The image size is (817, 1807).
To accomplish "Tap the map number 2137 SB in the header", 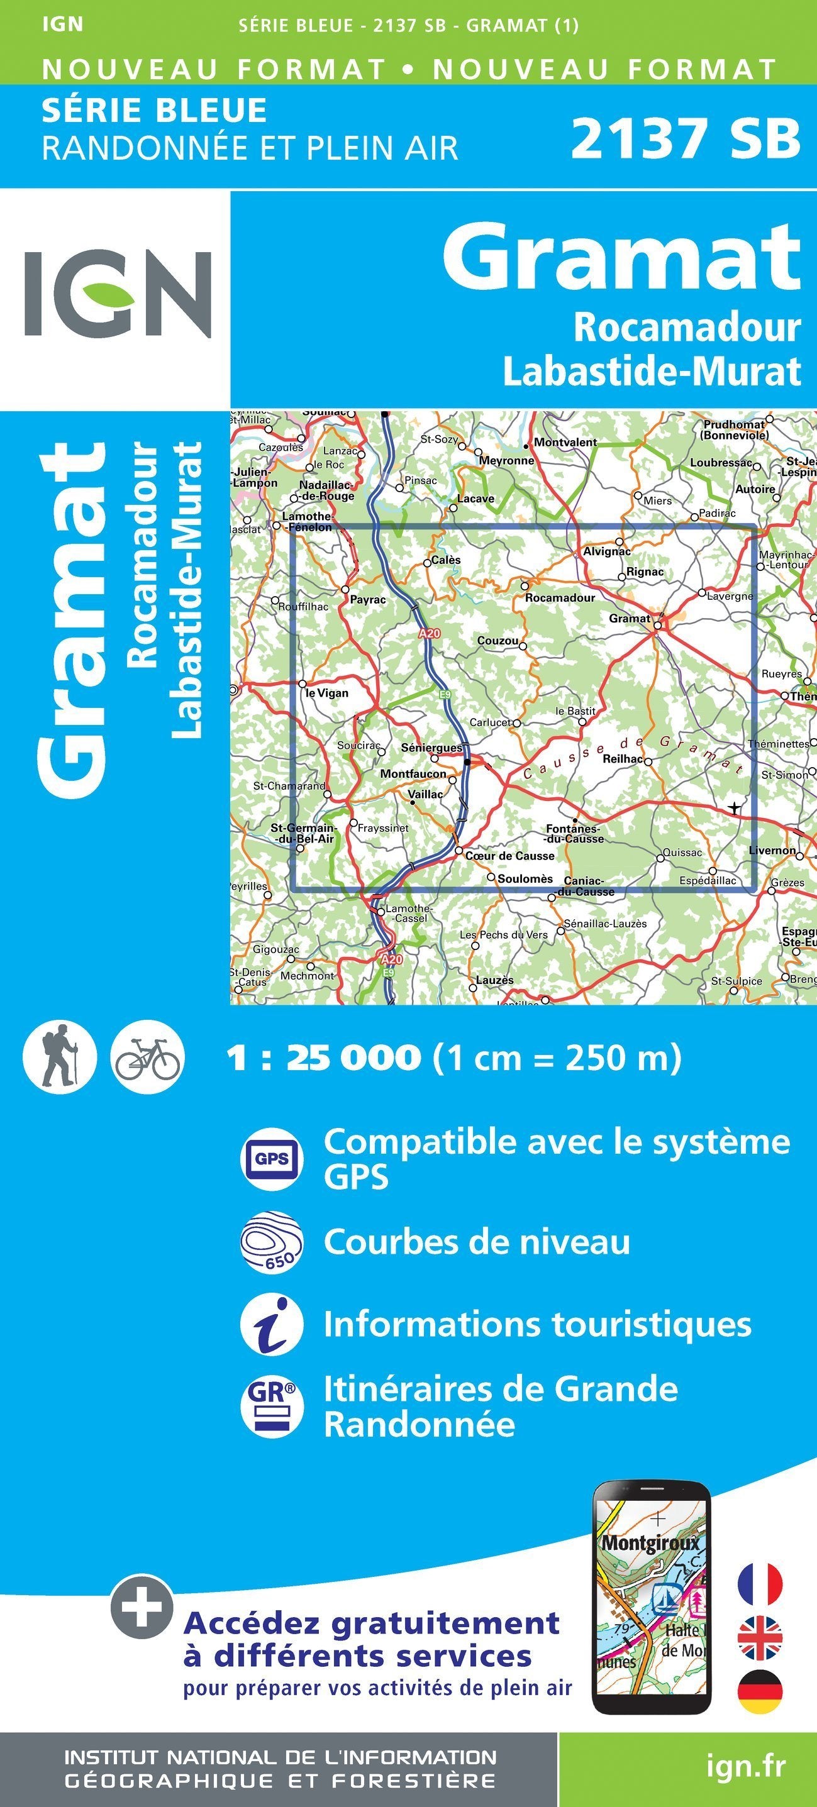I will [685, 138].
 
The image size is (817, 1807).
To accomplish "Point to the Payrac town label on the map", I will [368, 600].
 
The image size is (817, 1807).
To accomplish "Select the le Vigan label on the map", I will [327, 693].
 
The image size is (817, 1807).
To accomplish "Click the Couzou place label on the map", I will [497, 641].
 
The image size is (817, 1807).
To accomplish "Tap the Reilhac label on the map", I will [623, 759].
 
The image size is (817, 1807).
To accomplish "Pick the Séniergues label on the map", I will [431, 748].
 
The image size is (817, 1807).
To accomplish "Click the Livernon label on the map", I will [772, 850].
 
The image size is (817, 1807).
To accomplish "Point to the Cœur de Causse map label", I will [509, 856].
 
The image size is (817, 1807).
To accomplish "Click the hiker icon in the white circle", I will [60, 1056].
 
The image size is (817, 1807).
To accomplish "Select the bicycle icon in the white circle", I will [147, 1056].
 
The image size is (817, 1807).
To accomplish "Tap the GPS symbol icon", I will [272, 1158].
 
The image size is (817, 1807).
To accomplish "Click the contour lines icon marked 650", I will [272, 1242].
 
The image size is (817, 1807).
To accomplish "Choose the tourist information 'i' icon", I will [272, 1324].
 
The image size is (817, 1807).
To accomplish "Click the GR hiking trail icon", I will [272, 1406].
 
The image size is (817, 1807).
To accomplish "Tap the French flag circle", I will [759, 1584].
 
